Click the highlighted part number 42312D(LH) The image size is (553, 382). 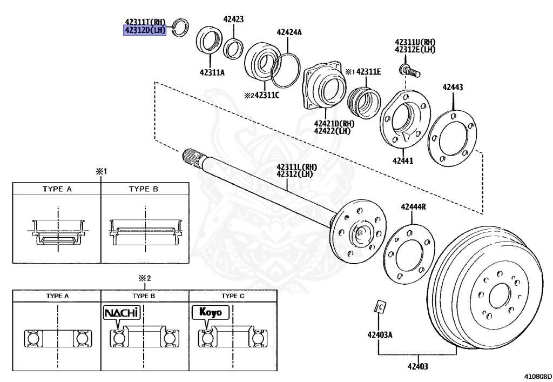(144, 31)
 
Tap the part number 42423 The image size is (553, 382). (233, 19)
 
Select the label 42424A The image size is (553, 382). (289, 32)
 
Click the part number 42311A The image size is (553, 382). (212, 72)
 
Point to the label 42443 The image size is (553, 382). (453, 87)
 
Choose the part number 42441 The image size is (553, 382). (402, 160)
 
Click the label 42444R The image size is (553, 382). (413, 207)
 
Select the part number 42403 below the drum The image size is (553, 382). (417, 367)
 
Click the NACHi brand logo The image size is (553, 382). (122, 313)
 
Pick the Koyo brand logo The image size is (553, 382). (210, 313)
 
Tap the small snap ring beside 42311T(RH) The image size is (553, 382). (179, 26)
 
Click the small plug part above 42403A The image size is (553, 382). (380, 307)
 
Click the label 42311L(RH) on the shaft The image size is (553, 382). (296, 166)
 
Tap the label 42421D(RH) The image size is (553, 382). (333, 124)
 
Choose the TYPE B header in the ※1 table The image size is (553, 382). (144, 190)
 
